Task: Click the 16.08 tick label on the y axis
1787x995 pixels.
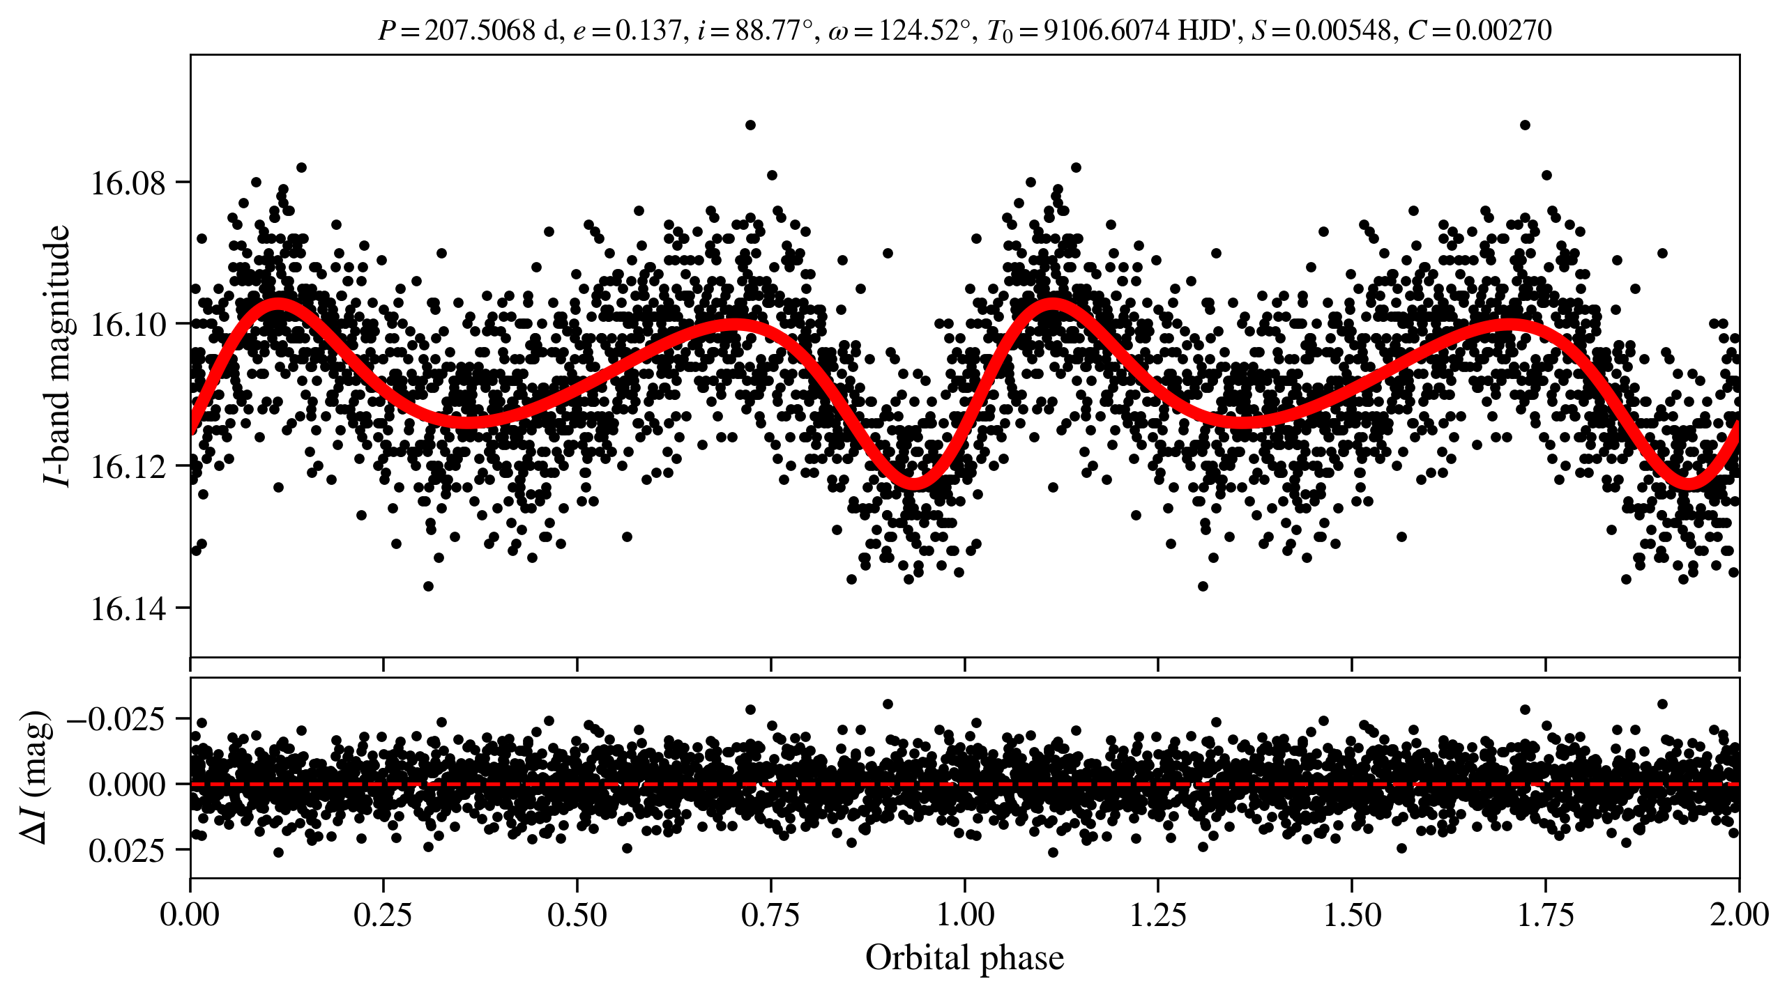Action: [128, 183]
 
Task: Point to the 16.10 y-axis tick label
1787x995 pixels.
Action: [128, 325]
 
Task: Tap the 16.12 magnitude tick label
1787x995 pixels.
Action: [128, 467]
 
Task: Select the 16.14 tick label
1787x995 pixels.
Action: [128, 609]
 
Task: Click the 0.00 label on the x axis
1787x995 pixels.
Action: [190, 914]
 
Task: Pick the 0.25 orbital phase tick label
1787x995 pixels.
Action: [383, 914]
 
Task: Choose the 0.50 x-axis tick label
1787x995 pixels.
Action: [577, 914]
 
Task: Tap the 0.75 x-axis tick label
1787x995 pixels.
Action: [770, 914]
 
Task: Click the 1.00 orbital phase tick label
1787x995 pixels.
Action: [964, 914]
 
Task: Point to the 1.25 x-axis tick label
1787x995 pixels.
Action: [1157, 914]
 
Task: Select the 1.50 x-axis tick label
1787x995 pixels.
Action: [1351, 914]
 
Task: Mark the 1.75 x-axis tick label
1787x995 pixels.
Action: [1545, 914]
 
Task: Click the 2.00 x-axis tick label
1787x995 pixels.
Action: [1739, 914]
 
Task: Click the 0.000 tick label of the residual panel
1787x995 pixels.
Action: [127, 785]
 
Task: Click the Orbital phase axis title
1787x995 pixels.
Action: [964, 958]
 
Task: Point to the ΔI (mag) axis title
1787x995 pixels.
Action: [36, 778]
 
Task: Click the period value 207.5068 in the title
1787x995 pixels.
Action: [480, 31]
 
